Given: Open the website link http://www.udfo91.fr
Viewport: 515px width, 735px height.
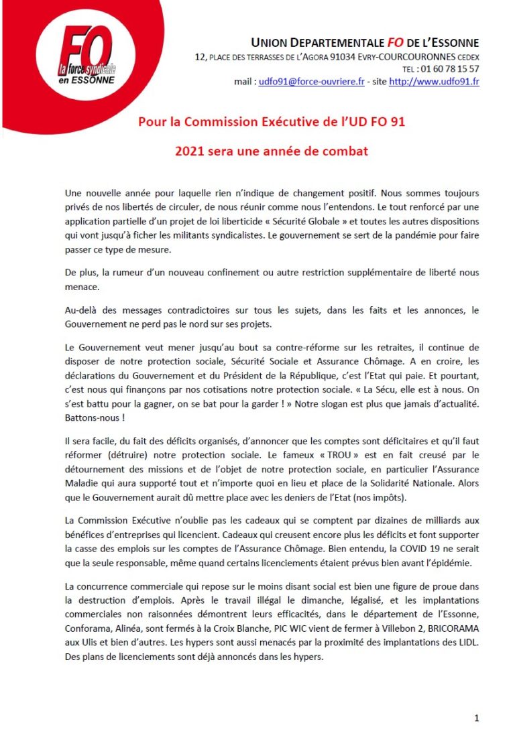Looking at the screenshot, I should [x=434, y=82].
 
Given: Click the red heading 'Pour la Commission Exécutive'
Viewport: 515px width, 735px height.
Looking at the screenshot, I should [x=271, y=122].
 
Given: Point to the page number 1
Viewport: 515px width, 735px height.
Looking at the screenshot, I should [x=476, y=718].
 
